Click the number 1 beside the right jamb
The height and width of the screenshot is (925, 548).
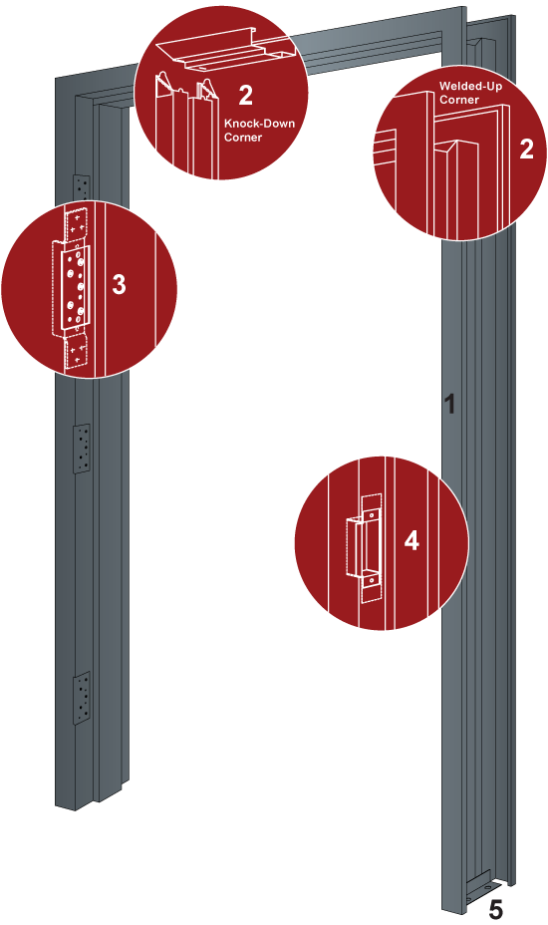click(x=449, y=404)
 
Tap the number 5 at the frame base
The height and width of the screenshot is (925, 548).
click(x=496, y=910)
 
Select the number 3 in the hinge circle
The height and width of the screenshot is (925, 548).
click(x=120, y=284)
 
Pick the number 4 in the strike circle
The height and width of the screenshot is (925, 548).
click(x=411, y=540)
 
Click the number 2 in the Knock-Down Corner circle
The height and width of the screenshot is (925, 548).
click(x=245, y=96)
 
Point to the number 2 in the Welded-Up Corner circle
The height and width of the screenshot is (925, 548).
click(x=526, y=149)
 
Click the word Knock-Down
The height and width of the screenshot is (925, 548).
click(x=259, y=124)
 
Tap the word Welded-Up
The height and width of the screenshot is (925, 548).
click(x=470, y=87)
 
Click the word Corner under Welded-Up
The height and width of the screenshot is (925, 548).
click(x=459, y=100)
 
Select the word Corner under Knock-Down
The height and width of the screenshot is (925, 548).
click(x=243, y=137)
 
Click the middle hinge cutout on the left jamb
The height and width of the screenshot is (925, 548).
click(x=82, y=449)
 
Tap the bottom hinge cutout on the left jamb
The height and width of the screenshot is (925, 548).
click(x=82, y=698)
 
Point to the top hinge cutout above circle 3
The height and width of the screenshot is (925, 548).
click(x=82, y=188)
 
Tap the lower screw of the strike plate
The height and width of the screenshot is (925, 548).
click(x=371, y=580)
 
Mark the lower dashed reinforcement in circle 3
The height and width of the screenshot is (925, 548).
click(x=76, y=352)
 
